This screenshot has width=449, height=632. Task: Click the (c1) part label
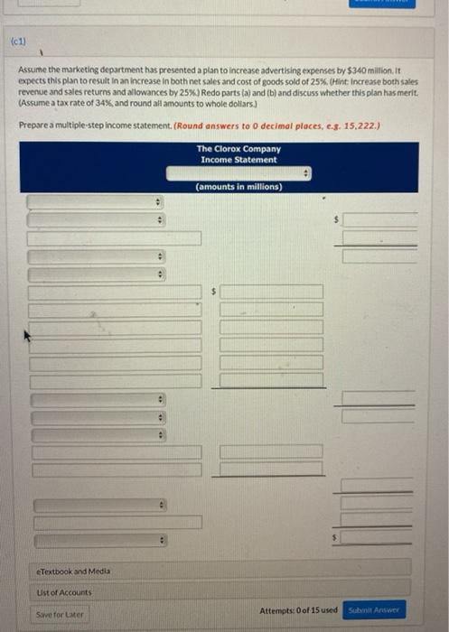[x=18, y=42]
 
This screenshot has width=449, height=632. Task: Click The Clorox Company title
[x=239, y=149]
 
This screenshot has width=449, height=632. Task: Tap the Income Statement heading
[x=239, y=160]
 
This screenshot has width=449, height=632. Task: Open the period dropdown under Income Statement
[x=239, y=172]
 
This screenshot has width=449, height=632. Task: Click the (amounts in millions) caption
[x=239, y=187]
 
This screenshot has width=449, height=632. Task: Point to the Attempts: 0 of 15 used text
[x=297, y=611]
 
